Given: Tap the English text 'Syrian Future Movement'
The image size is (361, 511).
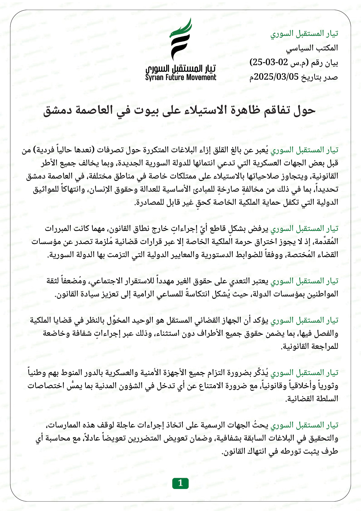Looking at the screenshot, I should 181,77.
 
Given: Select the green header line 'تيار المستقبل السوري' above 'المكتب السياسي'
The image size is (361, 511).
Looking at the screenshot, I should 304,33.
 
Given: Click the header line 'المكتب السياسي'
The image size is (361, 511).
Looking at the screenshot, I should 312,48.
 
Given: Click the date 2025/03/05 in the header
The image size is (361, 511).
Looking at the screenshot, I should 276,77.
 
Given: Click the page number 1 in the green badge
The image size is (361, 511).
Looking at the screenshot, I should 180,483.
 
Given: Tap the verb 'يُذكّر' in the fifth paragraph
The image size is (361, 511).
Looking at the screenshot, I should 261,373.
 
